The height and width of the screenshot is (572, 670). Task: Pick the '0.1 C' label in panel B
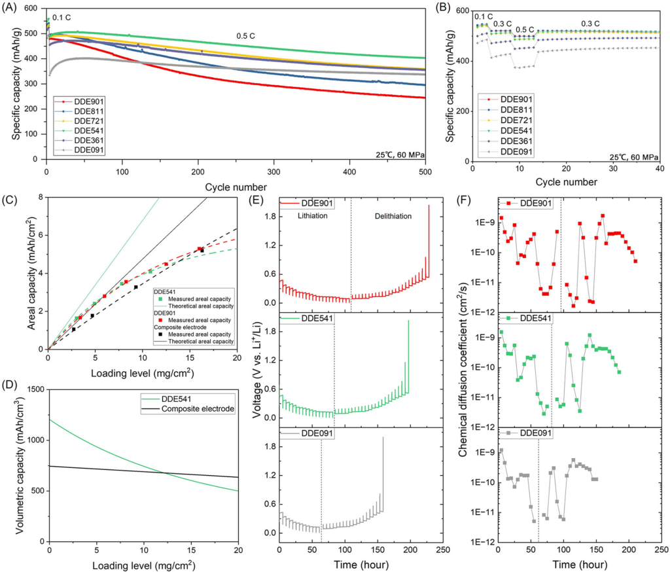click(x=483, y=16)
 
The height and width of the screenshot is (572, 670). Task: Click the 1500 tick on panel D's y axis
click(x=36, y=390)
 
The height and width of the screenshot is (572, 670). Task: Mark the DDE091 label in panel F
click(x=534, y=433)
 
